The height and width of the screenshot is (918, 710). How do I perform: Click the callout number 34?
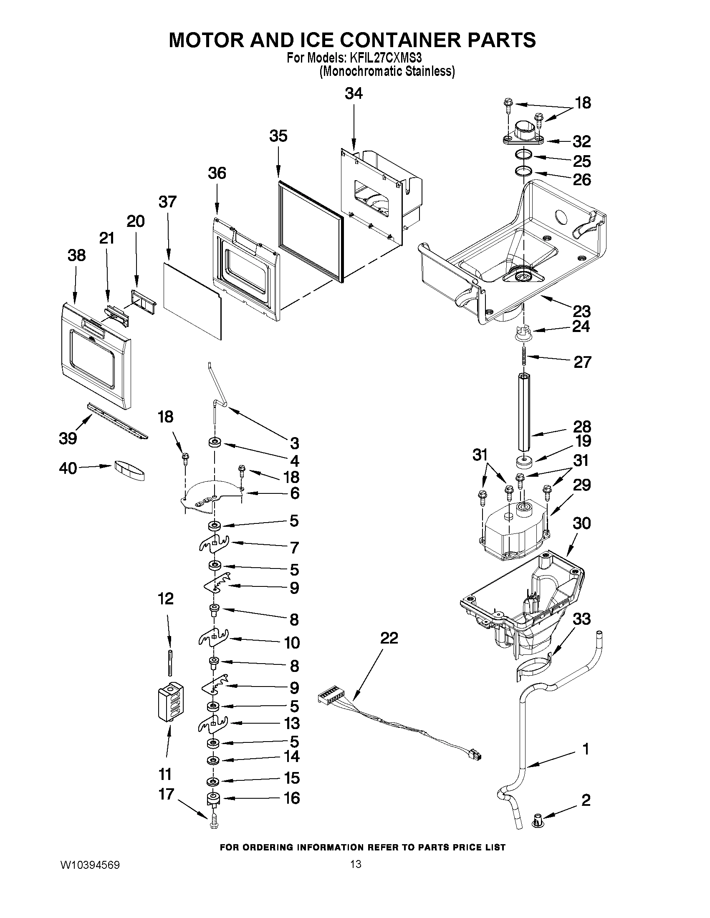pos(353,93)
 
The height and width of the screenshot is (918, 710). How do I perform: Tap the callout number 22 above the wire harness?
pos(389,638)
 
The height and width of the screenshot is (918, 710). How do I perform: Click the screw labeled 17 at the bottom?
pos(214,821)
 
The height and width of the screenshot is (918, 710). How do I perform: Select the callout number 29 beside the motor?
pos(582,485)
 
